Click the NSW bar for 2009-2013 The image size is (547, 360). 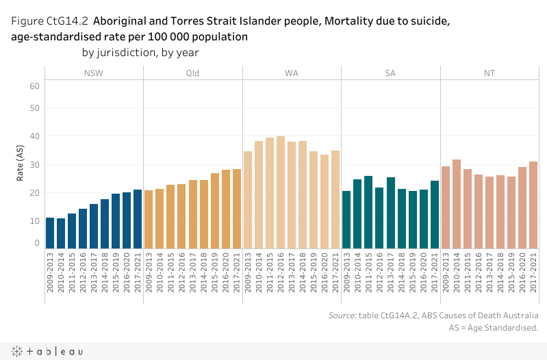coord(50,233)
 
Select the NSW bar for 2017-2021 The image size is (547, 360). coord(138,218)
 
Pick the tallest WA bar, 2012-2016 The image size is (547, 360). coord(281,192)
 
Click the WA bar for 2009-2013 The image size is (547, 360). coord(248,199)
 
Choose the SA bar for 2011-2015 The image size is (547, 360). coord(368,211)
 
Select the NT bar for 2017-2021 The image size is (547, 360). coord(533,205)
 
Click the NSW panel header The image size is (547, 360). coord(94,73)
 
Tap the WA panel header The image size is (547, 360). coord(292,73)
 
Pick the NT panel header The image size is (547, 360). coord(489,73)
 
